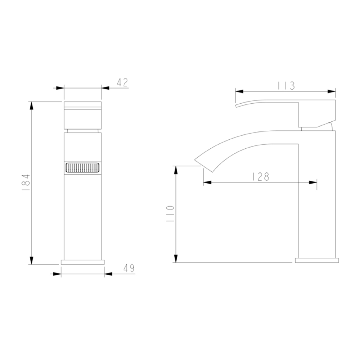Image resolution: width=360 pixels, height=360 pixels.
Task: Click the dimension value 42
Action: (x=122, y=82)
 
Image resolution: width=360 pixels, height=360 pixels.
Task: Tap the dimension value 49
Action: (x=129, y=268)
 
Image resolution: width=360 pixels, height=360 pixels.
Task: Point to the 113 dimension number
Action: (x=286, y=86)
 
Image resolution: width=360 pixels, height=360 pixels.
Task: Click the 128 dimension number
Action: (x=260, y=176)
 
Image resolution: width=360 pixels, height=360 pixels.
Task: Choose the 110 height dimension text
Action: (x=170, y=214)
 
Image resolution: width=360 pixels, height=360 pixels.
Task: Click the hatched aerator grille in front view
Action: (x=83, y=168)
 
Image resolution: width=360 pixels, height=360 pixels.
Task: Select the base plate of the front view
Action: (x=83, y=262)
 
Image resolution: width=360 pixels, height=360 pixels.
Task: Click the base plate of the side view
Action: (x=317, y=260)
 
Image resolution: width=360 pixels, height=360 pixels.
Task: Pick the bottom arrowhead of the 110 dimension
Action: (x=176, y=258)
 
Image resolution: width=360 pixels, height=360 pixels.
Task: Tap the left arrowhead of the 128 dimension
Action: (x=207, y=183)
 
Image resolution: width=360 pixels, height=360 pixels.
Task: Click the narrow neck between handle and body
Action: (x=83, y=130)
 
